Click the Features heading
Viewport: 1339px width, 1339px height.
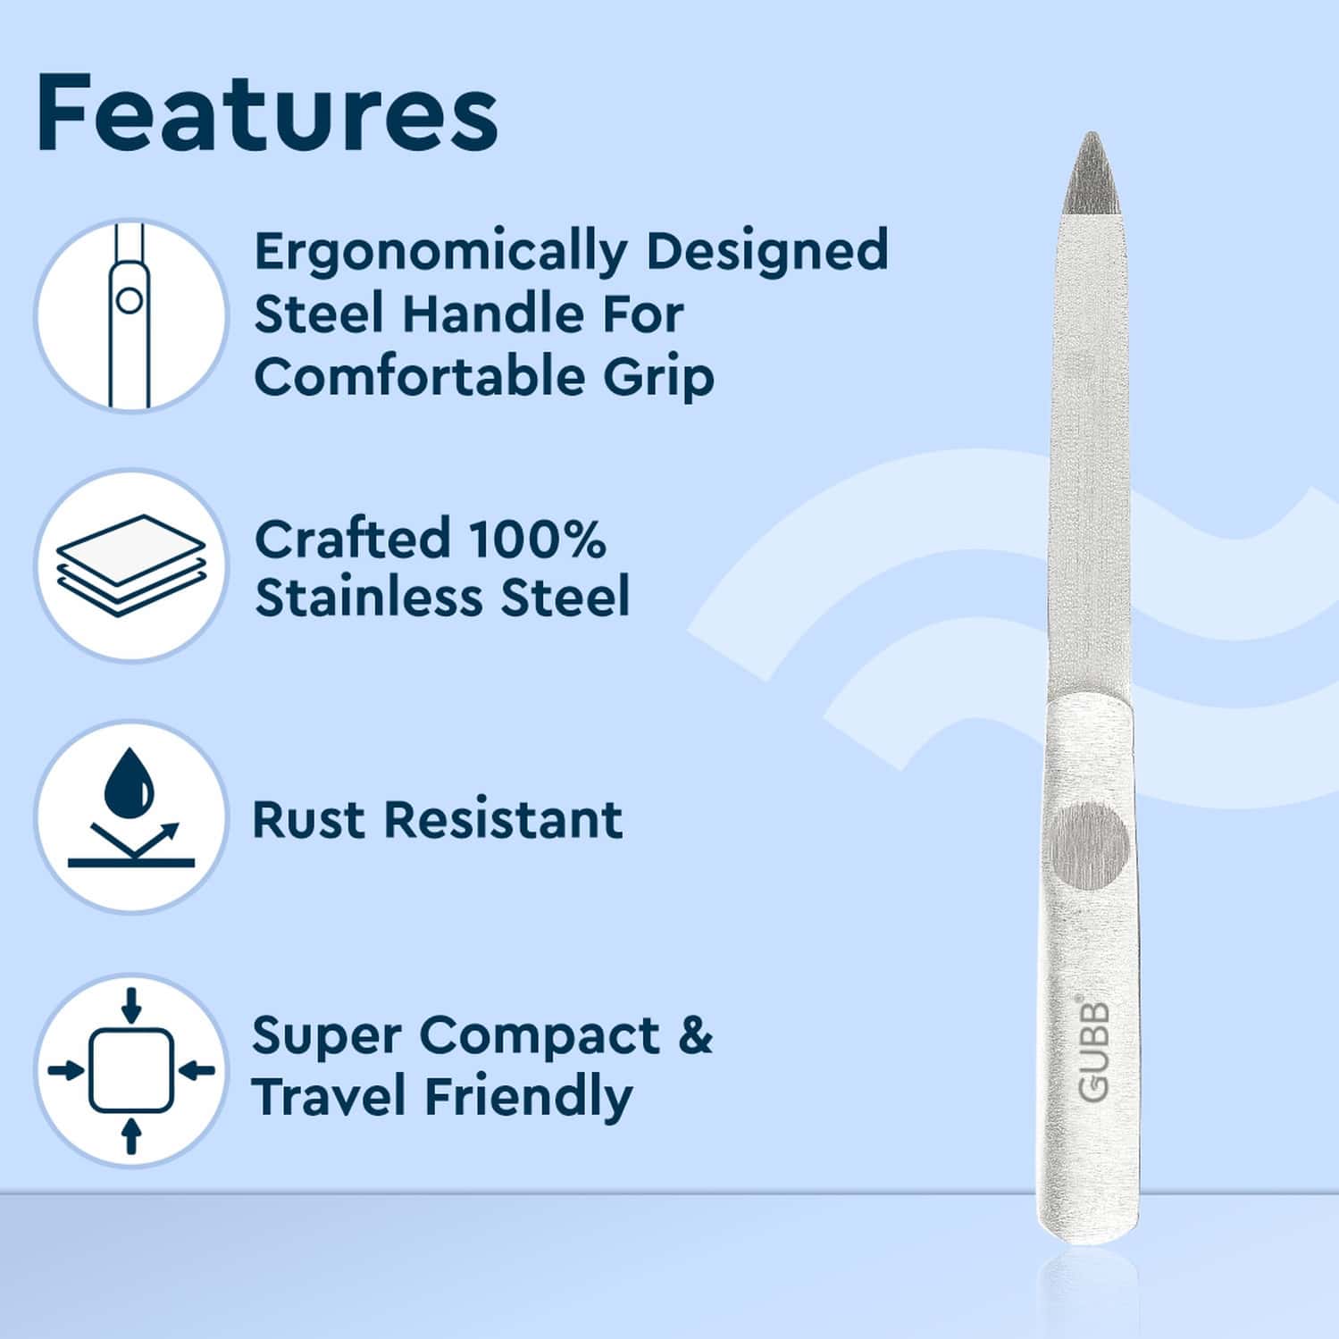pos(266,113)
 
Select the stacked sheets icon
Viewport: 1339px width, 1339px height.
pos(130,565)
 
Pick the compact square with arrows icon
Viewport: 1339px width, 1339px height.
pos(130,1069)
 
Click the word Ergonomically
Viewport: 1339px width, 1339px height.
pos(441,253)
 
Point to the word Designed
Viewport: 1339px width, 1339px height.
pos(766,253)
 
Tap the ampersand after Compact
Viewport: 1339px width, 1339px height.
pos(695,1036)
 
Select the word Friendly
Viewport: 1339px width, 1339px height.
pos(528,1098)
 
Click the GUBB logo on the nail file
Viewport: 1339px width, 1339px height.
pos(1093,1050)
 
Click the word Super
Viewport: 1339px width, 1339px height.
pos(324,1036)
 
